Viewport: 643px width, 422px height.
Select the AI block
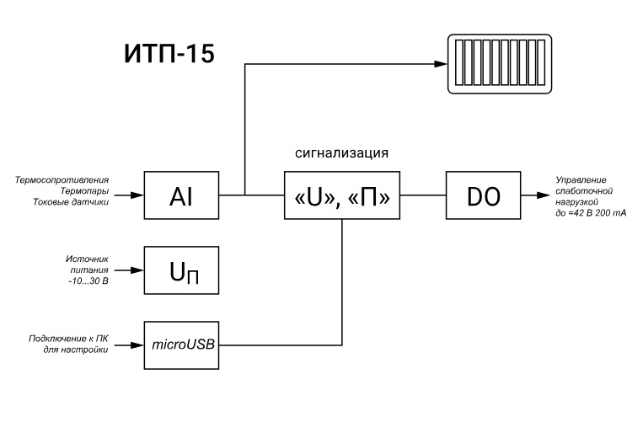click(181, 196)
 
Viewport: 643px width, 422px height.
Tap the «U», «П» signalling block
click(341, 196)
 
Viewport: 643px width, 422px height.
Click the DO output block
click(484, 196)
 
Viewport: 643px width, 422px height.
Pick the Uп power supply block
click(181, 270)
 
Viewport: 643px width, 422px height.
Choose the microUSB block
click(181, 345)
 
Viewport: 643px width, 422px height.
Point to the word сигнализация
click(340, 154)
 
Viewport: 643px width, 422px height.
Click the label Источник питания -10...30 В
click(88, 270)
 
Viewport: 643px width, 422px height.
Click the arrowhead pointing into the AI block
click(137, 196)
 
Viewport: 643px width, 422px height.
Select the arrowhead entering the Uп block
click(137, 270)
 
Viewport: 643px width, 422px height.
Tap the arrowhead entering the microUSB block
click(137, 345)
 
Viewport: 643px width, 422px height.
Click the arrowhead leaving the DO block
click(538, 196)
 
